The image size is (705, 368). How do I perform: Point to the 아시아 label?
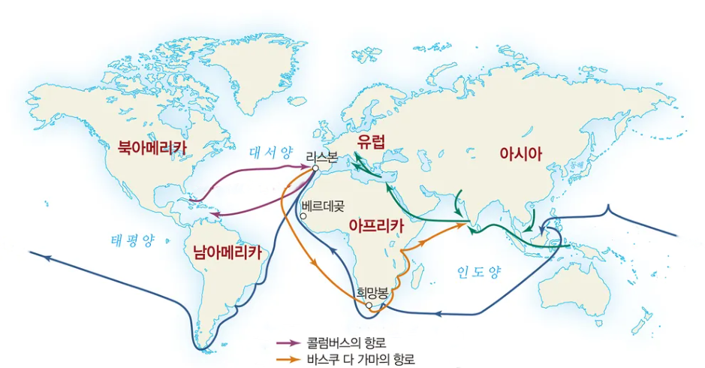(520, 153)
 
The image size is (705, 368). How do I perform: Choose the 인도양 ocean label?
(478, 271)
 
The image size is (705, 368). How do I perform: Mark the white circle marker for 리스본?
(315, 169)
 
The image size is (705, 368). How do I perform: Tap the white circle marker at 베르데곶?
(303, 216)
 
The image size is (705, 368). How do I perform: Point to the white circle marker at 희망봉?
(369, 306)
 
